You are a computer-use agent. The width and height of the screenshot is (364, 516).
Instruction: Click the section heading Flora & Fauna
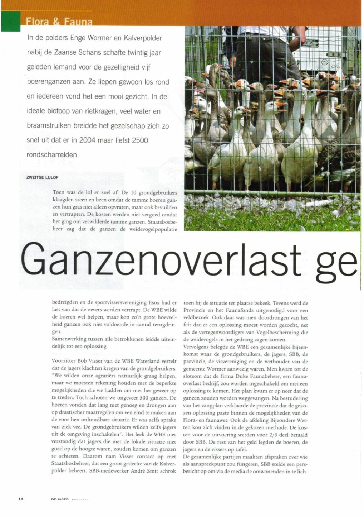pos(59,22)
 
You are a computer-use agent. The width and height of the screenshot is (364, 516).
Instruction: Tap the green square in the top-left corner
pos(11,21)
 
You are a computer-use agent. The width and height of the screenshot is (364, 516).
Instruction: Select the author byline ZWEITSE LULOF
pos(42,177)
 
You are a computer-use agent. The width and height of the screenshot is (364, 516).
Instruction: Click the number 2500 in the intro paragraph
pos(140,140)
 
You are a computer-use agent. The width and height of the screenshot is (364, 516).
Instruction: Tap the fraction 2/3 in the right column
pos(276,435)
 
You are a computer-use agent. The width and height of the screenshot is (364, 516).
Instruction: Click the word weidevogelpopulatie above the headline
pos(153,229)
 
